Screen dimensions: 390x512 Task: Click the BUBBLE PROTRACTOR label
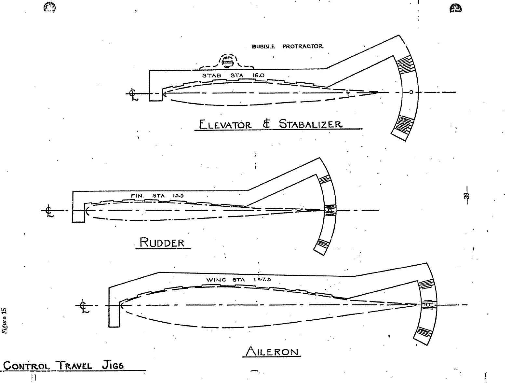point(288,47)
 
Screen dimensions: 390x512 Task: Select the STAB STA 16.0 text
point(233,76)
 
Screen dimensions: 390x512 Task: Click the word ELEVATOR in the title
point(225,125)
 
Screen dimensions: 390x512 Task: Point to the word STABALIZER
point(310,124)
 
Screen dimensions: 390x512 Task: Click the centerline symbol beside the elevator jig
point(133,94)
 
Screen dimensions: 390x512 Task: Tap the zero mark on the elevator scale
point(411,92)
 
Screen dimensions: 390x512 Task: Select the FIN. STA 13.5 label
point(157,196)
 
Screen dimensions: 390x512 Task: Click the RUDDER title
point(162,243)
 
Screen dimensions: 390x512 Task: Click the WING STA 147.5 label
point(238,280)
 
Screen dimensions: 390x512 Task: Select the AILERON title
point(272,352)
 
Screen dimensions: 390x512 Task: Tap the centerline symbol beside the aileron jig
point(84,306)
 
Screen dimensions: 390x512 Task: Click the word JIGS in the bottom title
point(113,365)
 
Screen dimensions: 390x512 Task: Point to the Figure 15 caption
point(4,320)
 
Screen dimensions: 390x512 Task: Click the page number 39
point(466,196)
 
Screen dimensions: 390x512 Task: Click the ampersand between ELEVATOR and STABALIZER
point(266,124)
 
